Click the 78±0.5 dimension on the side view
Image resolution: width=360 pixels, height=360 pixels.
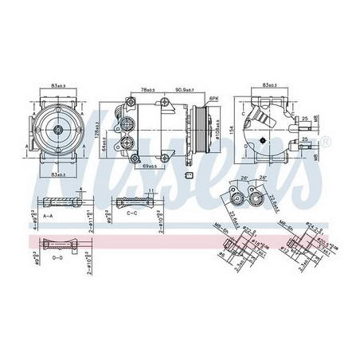(148, 90)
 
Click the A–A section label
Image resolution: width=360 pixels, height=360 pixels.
(47, 216)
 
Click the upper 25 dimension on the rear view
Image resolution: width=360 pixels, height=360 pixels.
(306, 121)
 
